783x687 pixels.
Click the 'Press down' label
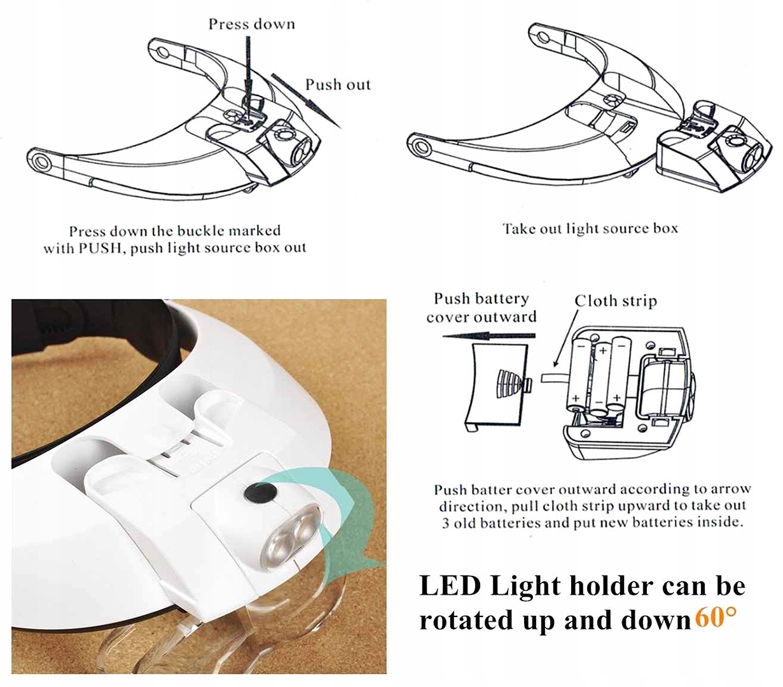coord(251,24)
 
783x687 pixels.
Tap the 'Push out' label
coord(337,85)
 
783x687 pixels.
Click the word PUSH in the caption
coord(100,248)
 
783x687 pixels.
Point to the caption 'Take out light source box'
coord(590,228)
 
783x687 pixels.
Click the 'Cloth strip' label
coord(615,301)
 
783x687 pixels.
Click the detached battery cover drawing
coord(496,385)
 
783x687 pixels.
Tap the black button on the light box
coord(261,491)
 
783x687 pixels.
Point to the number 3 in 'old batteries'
coord(447,524)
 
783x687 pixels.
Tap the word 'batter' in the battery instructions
coord(492,490)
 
